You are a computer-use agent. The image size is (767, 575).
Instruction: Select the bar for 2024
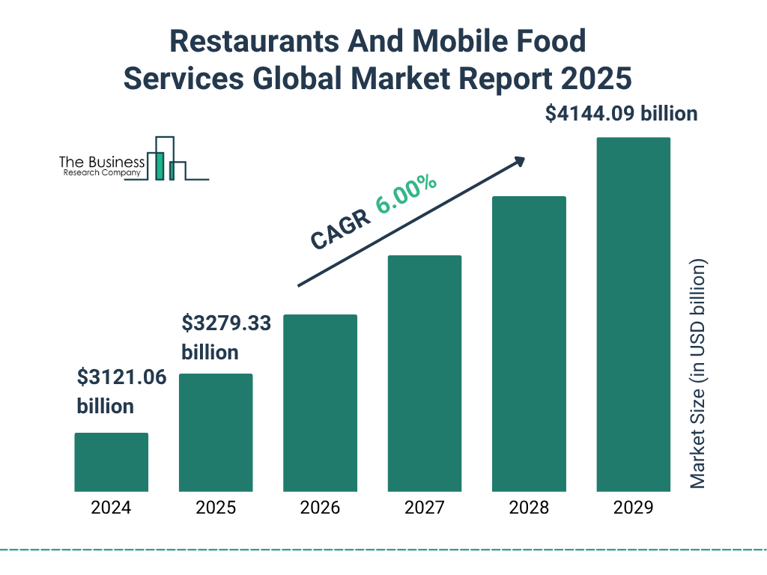point(111,462)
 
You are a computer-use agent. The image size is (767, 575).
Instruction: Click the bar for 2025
point(216,433)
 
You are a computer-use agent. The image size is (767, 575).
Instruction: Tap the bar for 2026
point(320,403)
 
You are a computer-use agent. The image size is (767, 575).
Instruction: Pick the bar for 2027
point(424,374)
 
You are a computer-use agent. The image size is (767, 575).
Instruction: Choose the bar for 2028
point(529,344)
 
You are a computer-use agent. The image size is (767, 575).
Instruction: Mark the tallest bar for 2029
point(633,314)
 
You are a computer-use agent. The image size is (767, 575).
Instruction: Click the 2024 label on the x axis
point(111,508)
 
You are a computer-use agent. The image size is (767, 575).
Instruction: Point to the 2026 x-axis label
point(320,508)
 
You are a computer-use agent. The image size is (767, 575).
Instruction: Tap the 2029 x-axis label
point(633,508)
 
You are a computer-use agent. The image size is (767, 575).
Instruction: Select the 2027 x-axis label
point(424,508)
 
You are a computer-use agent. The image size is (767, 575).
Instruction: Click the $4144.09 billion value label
point(621,115)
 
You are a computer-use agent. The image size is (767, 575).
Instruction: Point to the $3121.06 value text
point(121,378)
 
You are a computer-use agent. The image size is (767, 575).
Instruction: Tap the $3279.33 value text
point(226,324)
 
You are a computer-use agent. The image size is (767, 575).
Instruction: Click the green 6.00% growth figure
point(407,195)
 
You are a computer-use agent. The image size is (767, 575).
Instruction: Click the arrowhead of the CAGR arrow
point(518,160)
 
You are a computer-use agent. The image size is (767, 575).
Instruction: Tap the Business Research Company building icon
point(167,159)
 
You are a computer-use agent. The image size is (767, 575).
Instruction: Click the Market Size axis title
point(698,374)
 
